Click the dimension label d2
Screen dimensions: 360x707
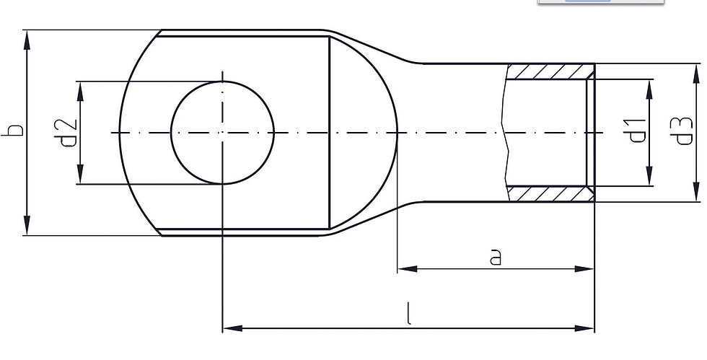pyautogui.click(x=69, y=131)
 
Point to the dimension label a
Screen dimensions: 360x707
pyautogui.click(x=495, y=257)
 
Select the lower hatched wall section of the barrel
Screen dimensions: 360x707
pyautogui.click(x=550, y=193)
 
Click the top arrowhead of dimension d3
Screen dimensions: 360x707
pyautogui.click(x=696, y=73)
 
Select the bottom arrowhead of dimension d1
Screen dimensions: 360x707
pyautogui.click(x=649, y=176)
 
